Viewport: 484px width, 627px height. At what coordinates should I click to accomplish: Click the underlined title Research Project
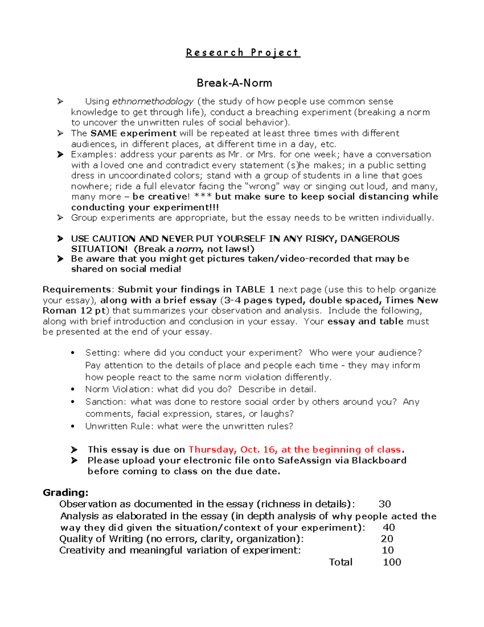[243, 52]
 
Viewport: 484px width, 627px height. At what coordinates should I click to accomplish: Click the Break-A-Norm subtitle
[234, 83]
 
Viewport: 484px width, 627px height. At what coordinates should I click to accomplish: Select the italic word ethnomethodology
[152, 101]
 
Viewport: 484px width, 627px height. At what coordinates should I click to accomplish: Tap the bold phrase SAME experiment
[134, 133]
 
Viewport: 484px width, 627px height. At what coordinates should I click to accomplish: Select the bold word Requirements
[77, 289]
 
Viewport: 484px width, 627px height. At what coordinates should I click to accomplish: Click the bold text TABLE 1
[255, 289]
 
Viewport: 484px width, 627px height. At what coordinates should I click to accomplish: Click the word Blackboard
[379, 461]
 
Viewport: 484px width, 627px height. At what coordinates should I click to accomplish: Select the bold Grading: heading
[65, 493]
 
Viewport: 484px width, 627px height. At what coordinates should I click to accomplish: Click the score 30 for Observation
[384, 504]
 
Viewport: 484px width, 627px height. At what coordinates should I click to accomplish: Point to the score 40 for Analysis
[388, 527]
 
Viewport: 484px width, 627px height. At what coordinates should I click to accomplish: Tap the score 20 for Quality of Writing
[387, 539]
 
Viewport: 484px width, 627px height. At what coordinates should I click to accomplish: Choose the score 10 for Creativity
[388, 550]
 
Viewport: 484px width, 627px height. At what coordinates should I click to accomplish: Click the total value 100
[392, 562]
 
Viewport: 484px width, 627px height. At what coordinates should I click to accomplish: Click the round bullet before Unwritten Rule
[73, 426]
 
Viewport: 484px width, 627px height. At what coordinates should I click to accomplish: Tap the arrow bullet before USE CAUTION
[60, 239]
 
